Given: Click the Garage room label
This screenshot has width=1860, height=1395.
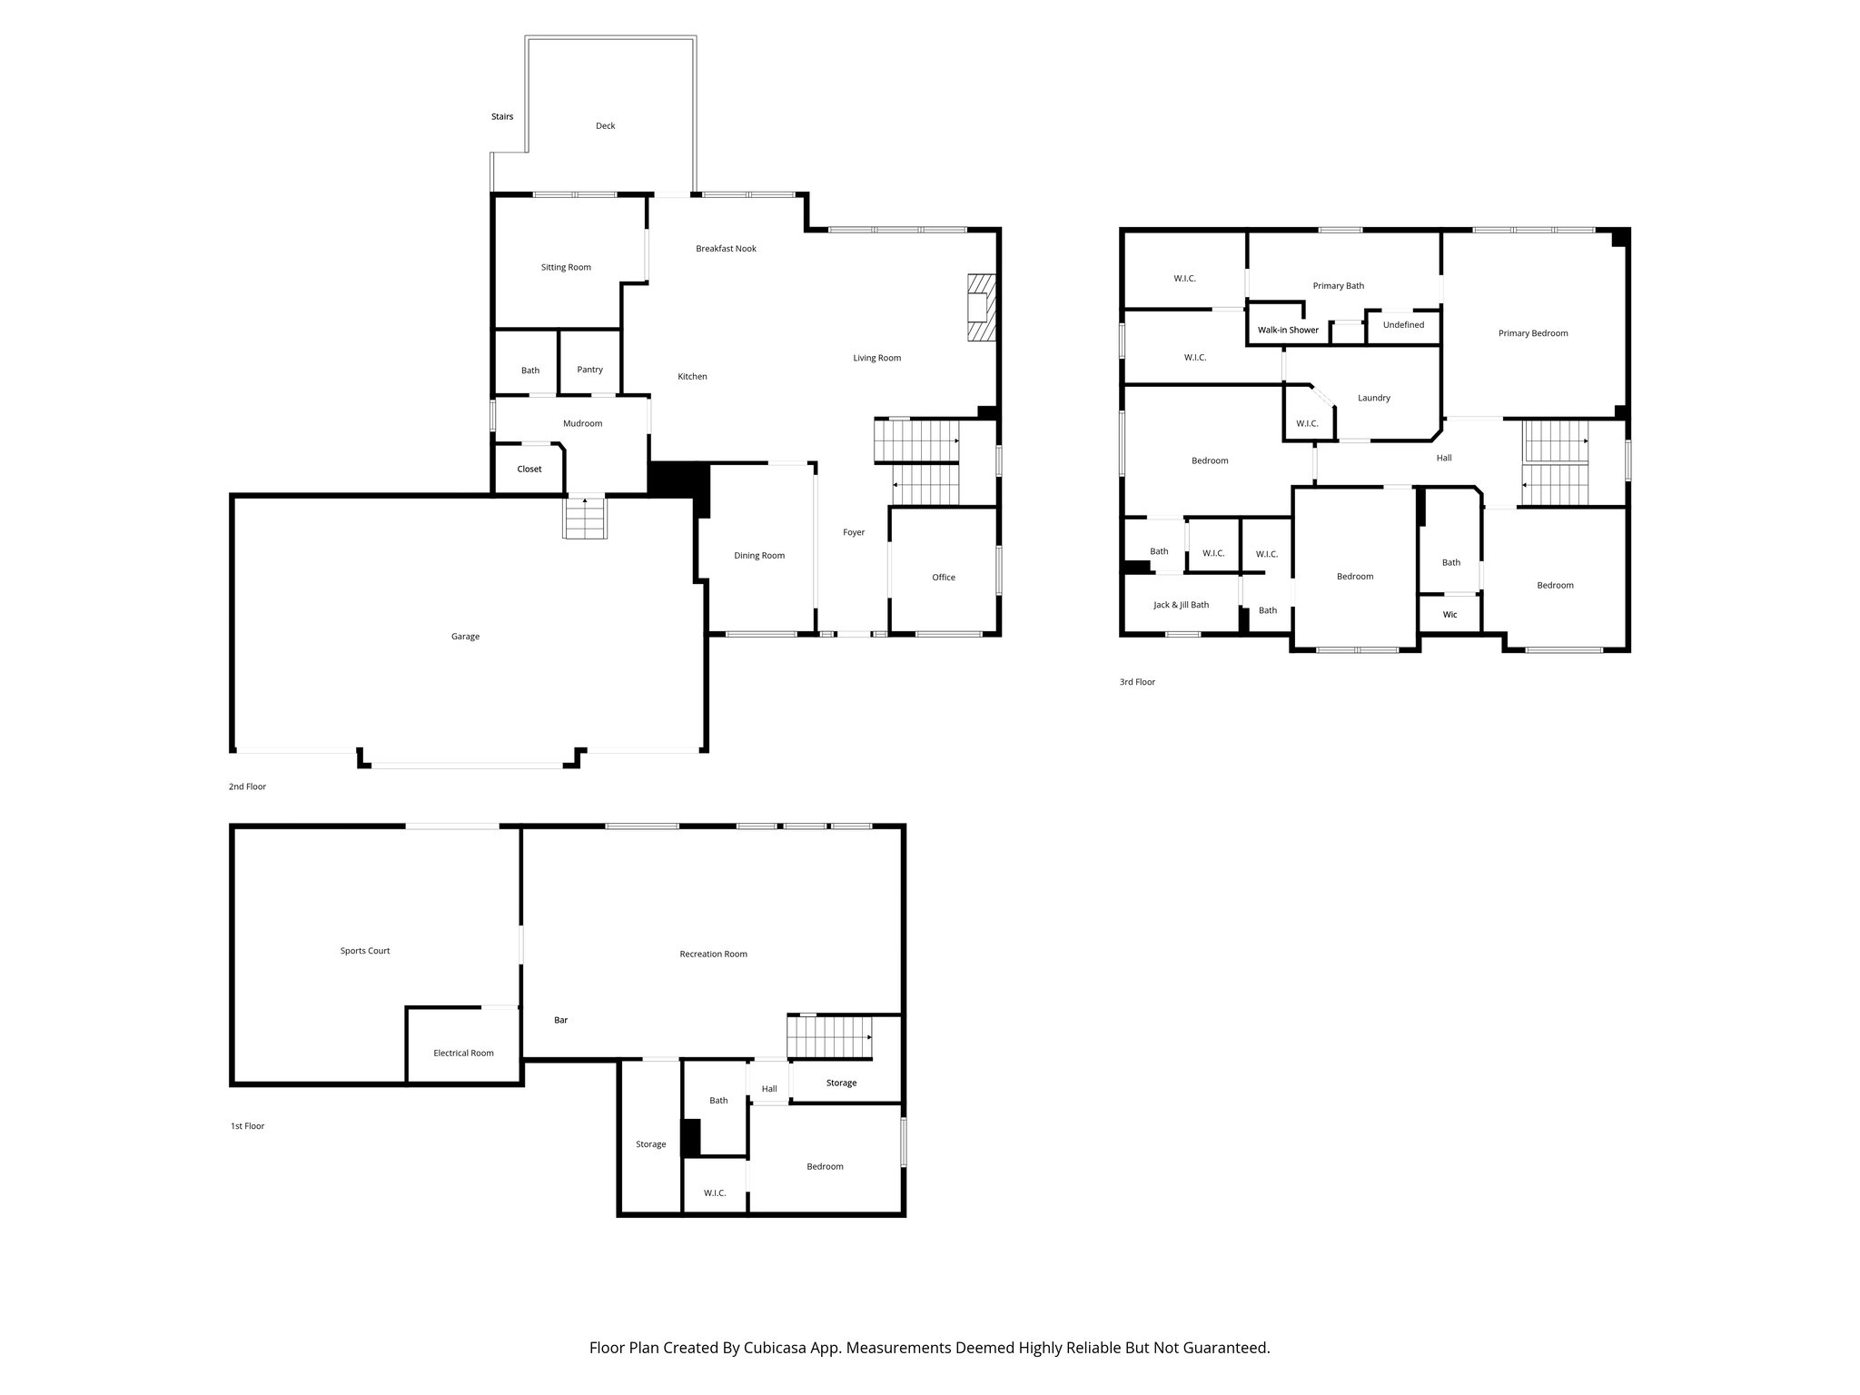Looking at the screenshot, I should coord(465,637).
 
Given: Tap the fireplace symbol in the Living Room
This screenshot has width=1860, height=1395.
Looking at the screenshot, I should coord(981,308).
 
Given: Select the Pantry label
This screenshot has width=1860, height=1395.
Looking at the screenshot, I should coord(589,370).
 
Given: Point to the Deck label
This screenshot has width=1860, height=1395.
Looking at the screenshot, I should coord(605,126).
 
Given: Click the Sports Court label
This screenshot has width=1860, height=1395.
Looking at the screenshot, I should coord(365,951).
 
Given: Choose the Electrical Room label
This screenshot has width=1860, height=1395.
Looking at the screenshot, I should coord(463,1054).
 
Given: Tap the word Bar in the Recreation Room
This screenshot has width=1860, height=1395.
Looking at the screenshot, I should coord(560,1020).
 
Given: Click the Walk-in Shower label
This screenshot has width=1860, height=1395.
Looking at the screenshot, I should coord(1288,330).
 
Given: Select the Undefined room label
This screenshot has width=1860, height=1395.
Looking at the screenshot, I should coord(1403,325).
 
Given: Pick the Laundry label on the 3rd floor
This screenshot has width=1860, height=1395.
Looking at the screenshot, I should coord(1373,398).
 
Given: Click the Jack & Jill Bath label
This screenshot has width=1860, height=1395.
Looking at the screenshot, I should coord(1181,605).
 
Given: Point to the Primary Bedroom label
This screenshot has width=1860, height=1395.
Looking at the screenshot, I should coord(1533,333).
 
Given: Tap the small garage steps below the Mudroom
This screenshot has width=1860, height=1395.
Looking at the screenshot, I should coord(585,519).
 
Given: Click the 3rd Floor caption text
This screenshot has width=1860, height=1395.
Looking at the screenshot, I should coord(1137,682).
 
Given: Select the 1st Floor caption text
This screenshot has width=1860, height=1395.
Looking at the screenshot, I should coord(247,1126).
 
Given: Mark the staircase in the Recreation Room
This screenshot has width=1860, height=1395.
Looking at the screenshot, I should coord(828,1037).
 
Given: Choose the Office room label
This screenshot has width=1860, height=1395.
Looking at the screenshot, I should coord(943,578).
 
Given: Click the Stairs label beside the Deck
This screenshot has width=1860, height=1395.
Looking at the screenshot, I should coord(502,117).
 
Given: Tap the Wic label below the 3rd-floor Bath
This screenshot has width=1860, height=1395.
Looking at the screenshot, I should coord(1449,615).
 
